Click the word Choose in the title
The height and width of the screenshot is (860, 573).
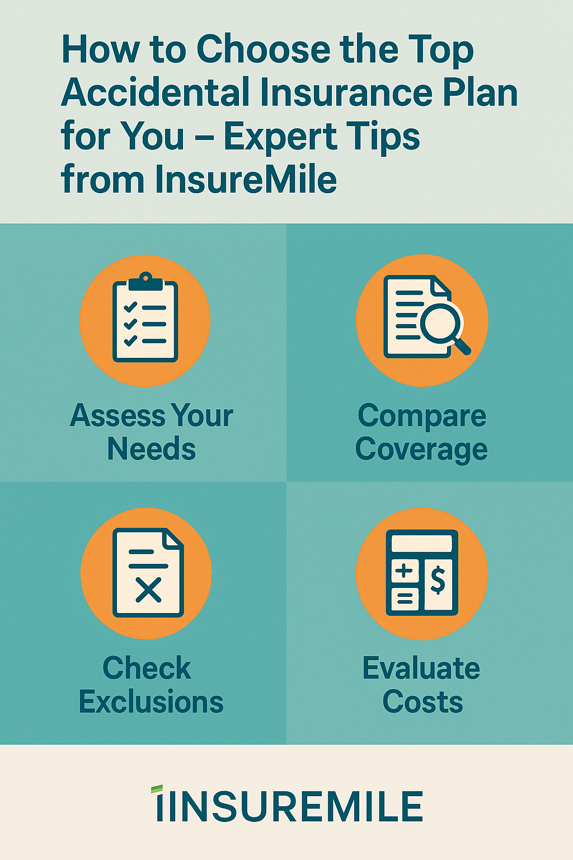coord(264,50)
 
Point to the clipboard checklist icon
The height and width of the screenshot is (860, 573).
coord(145,317)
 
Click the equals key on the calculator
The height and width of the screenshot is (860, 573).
coord(405,598)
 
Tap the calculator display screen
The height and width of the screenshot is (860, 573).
coord(422,544)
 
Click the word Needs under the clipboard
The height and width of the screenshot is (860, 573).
coord(152,449)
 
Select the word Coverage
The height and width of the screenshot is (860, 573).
coord(421,449)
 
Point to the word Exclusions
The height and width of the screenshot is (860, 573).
coord(151,702)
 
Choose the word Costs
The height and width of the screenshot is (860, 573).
coord(422,702)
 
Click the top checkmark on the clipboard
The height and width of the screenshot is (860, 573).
coord(130,307)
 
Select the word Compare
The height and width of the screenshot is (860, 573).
coord(422,416)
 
